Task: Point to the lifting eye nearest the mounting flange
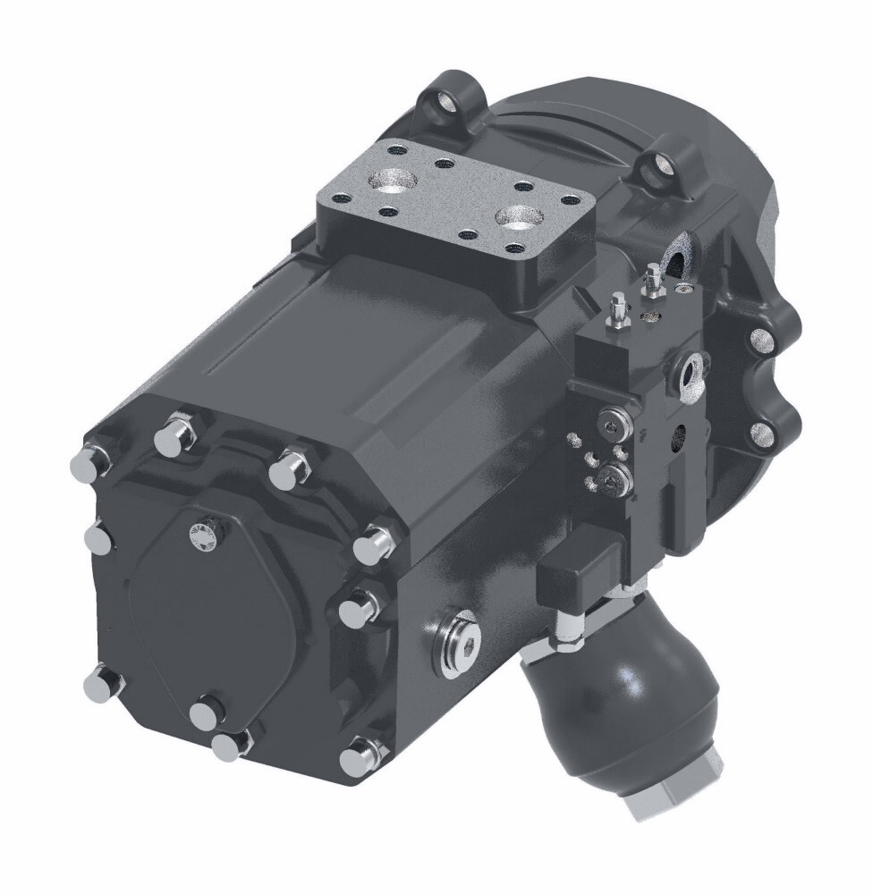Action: (x=663, y=166)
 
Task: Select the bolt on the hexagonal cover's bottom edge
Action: (x=208, y=715)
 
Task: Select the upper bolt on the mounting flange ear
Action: (x=760, y=340)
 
